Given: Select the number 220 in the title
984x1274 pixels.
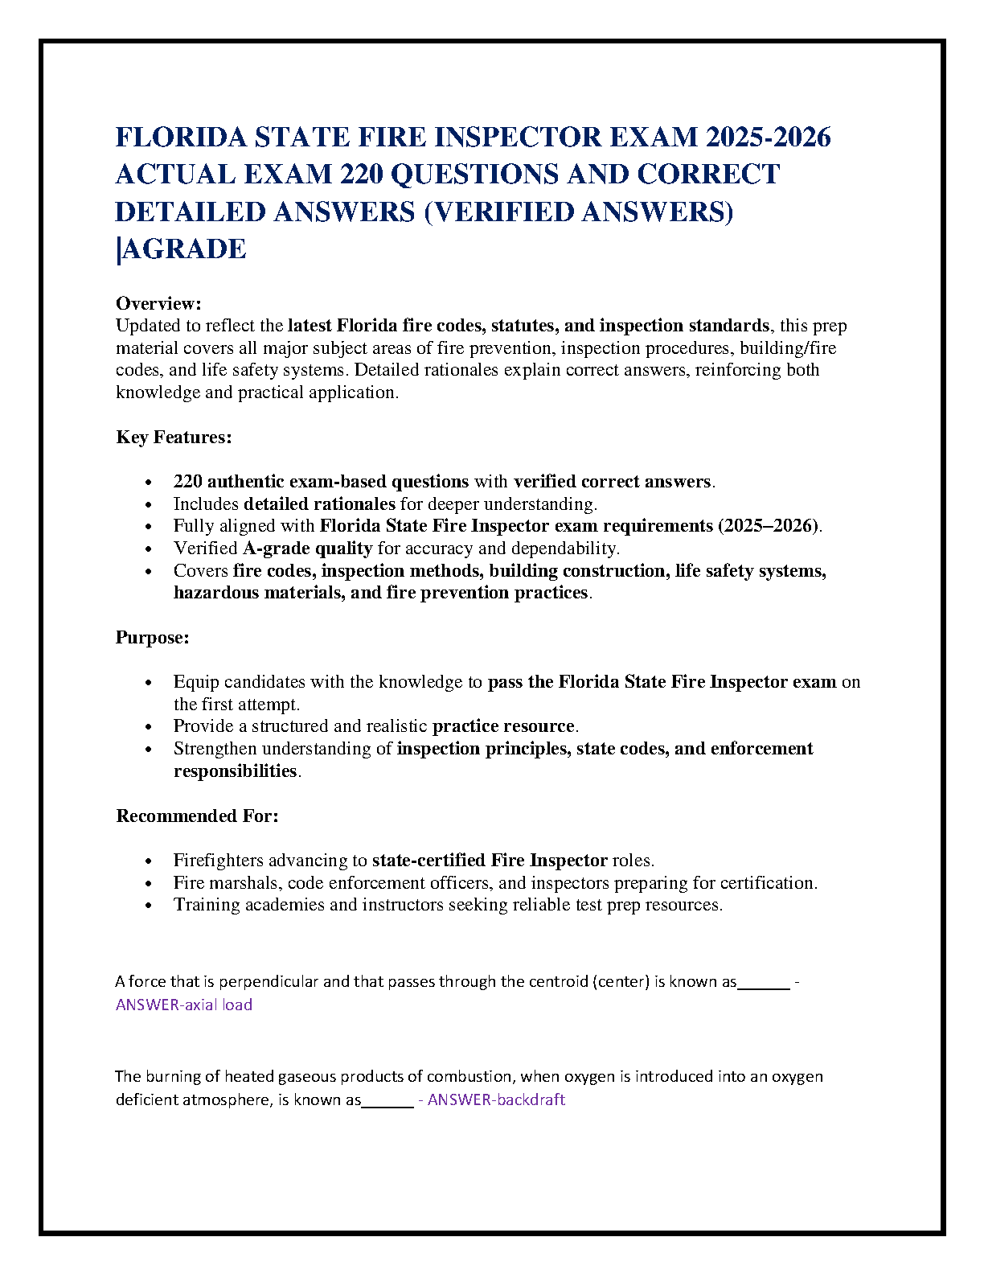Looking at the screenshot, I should pyautogui.click(x=361, y=175).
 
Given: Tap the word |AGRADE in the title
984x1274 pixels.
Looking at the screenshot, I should pyautogui.click(x=181, y=249).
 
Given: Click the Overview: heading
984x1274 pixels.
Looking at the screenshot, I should pyautogui.click(x=158, y=303).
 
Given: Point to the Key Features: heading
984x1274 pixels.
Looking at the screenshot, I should pyautogui.click(x=174, y=437).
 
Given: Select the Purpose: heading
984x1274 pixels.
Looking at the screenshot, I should pyautogui.click(x=153, y=637).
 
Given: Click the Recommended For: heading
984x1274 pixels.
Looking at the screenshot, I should pyautogui.click(x=197, y=816).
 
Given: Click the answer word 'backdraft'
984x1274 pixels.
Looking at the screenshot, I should pyautogui.click(x=531, y=1099).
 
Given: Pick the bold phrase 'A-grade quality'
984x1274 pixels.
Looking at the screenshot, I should pyautogui.click(x=307, y=549).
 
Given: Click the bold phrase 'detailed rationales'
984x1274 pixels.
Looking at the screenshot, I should pyautogui.click(x=319, y=504).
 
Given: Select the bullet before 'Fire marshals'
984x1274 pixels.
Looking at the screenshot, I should pyautogui.click(x=148, y=883).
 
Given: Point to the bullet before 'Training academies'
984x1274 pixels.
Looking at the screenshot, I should pyautogui.click(x=148, y=906).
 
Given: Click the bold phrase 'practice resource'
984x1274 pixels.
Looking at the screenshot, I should pyautogui.click(x=503, y=726).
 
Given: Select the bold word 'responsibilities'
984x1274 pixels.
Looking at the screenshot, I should pyautogui.click(x=236, y=771).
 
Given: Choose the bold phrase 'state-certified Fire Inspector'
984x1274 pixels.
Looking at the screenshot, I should pyautogui.click(x=490, y=861).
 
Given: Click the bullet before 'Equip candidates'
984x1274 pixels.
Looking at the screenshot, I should pyautogui.click(x=148, y=682).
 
